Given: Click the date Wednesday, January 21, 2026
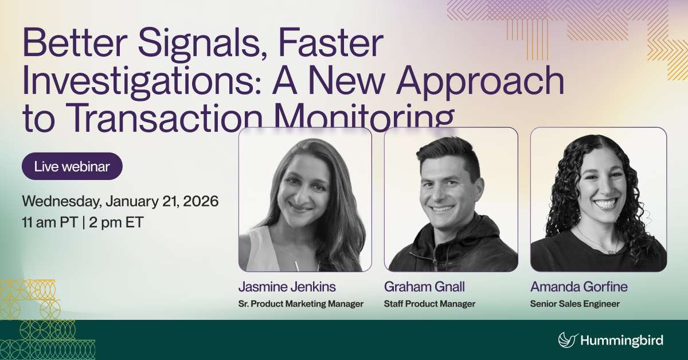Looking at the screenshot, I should coord(120,202).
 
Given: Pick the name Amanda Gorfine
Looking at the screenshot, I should coord(578,287).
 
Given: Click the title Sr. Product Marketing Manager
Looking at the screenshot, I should coord(301,304).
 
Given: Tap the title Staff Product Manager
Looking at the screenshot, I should coord(429,304).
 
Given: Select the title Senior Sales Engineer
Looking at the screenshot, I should coord(575,304).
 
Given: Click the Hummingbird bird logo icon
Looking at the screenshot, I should coord(567,340).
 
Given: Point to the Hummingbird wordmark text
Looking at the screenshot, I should coord(622,341).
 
